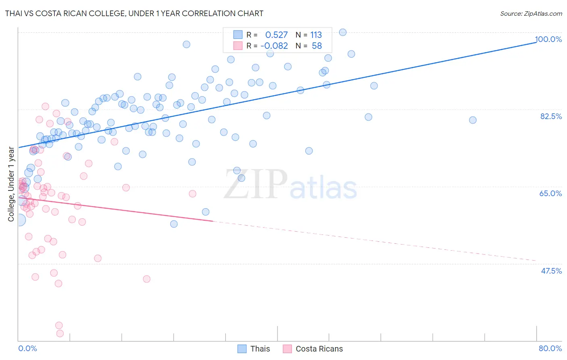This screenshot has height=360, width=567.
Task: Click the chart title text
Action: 134,13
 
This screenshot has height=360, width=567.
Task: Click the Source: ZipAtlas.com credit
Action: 531,13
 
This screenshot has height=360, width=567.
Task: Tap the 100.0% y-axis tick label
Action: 548,39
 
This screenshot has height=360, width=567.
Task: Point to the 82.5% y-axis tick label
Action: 551,116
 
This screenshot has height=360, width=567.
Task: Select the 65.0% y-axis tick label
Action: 551,193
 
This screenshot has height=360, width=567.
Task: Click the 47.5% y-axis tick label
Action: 551,271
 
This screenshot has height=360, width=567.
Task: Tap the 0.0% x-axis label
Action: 27,348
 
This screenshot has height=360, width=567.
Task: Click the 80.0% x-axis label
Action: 550,348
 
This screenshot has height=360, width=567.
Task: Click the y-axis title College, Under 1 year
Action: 11,184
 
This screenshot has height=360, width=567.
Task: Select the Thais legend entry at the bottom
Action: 254,349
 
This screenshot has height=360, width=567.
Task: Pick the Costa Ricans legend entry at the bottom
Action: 313,349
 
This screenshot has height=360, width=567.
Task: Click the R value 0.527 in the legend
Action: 276,35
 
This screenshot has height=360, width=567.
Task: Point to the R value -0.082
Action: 274,46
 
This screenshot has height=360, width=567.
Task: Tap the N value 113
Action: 316,35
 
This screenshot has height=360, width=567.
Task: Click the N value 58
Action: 317,46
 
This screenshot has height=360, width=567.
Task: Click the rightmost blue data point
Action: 473,120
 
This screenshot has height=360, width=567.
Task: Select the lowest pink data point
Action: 60,333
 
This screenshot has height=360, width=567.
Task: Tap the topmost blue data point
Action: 343,32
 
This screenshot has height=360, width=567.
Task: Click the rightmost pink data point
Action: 192,194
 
